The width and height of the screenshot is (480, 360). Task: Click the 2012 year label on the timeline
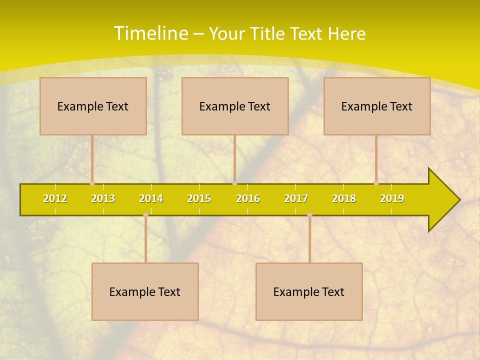(55, 198)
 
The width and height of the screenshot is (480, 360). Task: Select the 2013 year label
(103, 198)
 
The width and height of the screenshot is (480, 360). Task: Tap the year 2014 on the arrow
(151, 198)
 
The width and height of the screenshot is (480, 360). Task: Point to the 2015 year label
(199, 198)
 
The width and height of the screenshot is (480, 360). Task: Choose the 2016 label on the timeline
(248, 198)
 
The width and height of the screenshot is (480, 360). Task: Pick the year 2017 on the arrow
(296, 198)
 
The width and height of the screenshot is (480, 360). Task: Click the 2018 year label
(344, 198)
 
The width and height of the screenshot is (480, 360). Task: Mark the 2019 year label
(392, 198)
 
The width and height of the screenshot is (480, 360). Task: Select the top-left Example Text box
(93, 106)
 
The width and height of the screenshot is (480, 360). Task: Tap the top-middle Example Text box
(235, 106)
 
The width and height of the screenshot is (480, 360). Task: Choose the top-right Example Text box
(377, 106)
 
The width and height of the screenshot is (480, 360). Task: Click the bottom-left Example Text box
(145, 291)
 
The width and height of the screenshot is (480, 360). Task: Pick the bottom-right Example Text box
(309, 291)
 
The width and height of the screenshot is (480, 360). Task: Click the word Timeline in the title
(150, 33)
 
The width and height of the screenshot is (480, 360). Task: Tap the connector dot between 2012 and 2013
(92, 183)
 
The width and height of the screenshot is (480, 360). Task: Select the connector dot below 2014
(145, 214)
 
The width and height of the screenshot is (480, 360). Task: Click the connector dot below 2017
(309, 214)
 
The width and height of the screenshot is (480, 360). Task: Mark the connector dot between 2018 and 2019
(376, 183)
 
